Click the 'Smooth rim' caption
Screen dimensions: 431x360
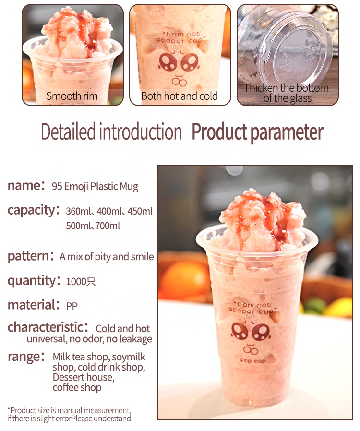coord(72,96)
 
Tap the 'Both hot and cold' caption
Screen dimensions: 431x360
coord(180,96)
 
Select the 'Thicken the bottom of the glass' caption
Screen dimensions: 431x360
coord(287,93)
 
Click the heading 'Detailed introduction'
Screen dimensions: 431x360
coord(111,132)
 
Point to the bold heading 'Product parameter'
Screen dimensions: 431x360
coord(257,132)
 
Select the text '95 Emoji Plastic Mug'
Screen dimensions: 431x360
coord(95,187)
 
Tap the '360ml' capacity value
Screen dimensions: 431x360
coord(79,211)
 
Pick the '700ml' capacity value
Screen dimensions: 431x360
coord(109,226)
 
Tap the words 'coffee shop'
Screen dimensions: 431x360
coord(77,388)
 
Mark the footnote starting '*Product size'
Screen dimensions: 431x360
coord(69,415)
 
